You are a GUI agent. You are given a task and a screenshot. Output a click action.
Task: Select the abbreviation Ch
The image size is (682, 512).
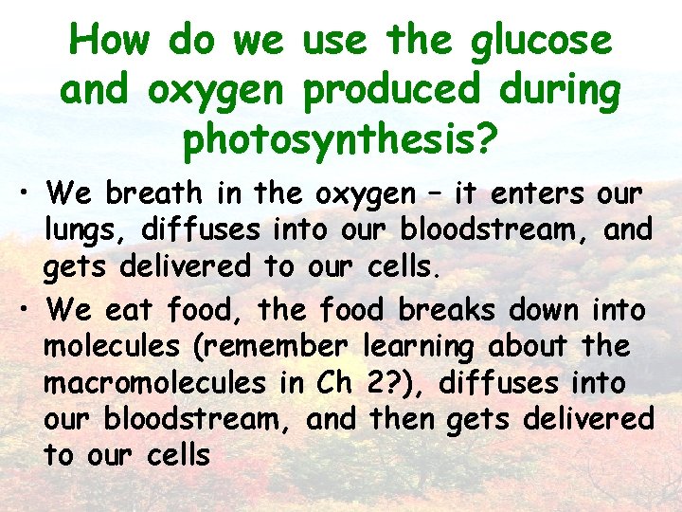pos(332,383)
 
